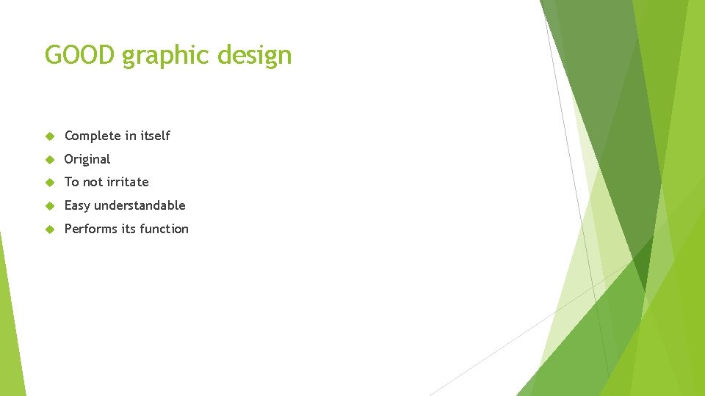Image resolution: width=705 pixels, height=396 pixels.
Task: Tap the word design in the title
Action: click(257, 56)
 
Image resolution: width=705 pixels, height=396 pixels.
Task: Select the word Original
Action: click(87, 159)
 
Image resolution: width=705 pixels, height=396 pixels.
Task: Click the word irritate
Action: click(128, 182)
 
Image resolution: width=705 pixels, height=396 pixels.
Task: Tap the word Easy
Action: click(77, 206)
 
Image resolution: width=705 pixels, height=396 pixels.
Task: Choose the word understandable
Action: click(140, 205)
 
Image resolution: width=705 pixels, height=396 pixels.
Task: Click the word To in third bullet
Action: click(71, 182)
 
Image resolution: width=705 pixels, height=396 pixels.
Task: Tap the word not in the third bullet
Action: click(93, 182)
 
